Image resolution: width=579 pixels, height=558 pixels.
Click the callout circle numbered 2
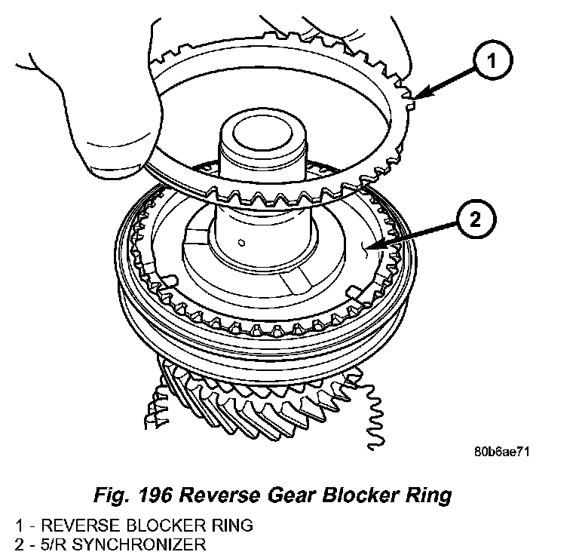(474, 219)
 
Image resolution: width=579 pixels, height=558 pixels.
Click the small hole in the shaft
(239, 242)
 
